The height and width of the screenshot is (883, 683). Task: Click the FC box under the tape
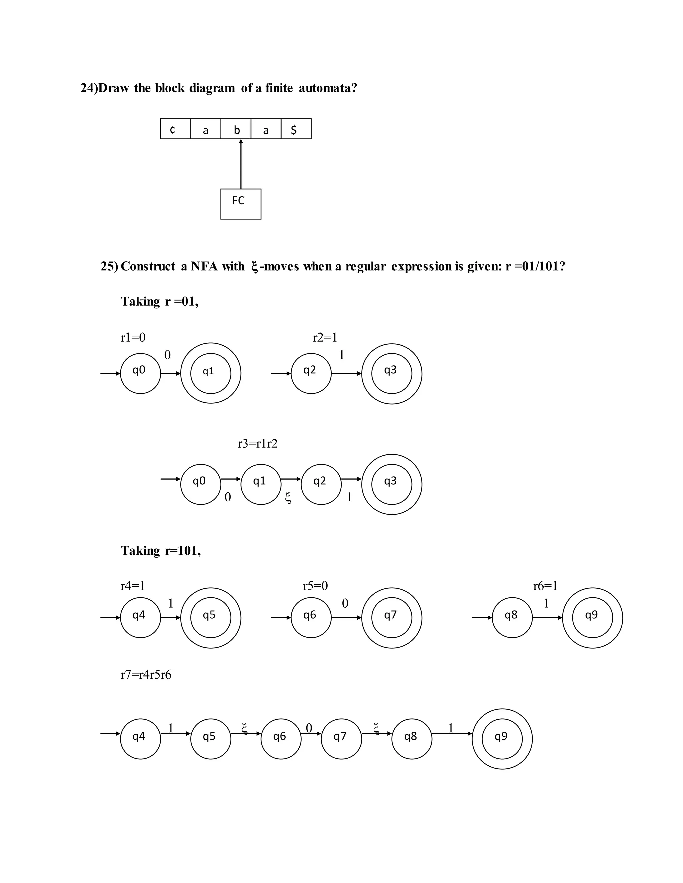click(x=241, y=204)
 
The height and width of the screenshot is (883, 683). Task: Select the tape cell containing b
click(x=236, y=129)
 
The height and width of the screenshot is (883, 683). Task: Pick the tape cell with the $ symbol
click(x=296, y=129)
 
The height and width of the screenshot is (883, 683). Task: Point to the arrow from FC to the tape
click(x=241, y=164)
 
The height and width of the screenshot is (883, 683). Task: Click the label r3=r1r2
click(x=258, y=444)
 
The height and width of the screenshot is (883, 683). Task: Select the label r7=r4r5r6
click(x=146, y=674)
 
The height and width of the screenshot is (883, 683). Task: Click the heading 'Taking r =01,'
click(x=160, y=301)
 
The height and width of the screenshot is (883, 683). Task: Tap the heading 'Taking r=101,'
click(x=161, y=551)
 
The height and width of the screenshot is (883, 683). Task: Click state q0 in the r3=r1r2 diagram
click(x=201, y=484)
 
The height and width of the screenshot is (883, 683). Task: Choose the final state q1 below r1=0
click(x=211, y=373)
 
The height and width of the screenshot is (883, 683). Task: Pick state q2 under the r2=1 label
click(x=311, y=373)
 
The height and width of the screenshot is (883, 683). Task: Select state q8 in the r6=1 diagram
click(x=512, y=618)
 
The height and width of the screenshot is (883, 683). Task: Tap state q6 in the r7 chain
click(x=281, y=739)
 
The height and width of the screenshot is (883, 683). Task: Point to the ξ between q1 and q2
click(x=288, y=498)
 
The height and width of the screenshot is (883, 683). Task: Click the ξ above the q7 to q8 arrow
click(x=376, y=728)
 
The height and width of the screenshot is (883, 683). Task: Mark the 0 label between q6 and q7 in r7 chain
click(x=309, y=728)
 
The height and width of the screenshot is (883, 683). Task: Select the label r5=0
click(x=315, y=586)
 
